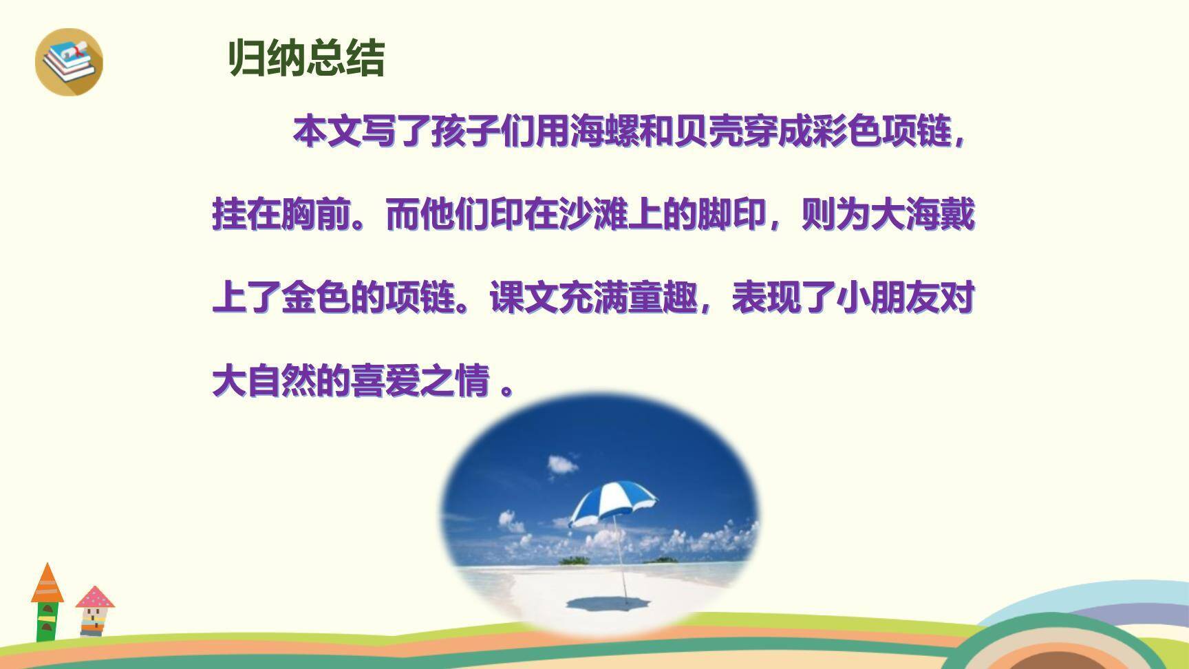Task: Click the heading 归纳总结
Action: pos(306,59)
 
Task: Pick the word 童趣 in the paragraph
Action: pos(662,298)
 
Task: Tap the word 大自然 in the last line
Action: pos(264,381)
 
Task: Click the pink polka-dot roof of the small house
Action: pos(95,597)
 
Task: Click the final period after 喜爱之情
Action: pos(508,389)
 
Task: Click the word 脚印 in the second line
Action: pos(731,215)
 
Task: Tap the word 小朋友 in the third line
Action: pos(870,298)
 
